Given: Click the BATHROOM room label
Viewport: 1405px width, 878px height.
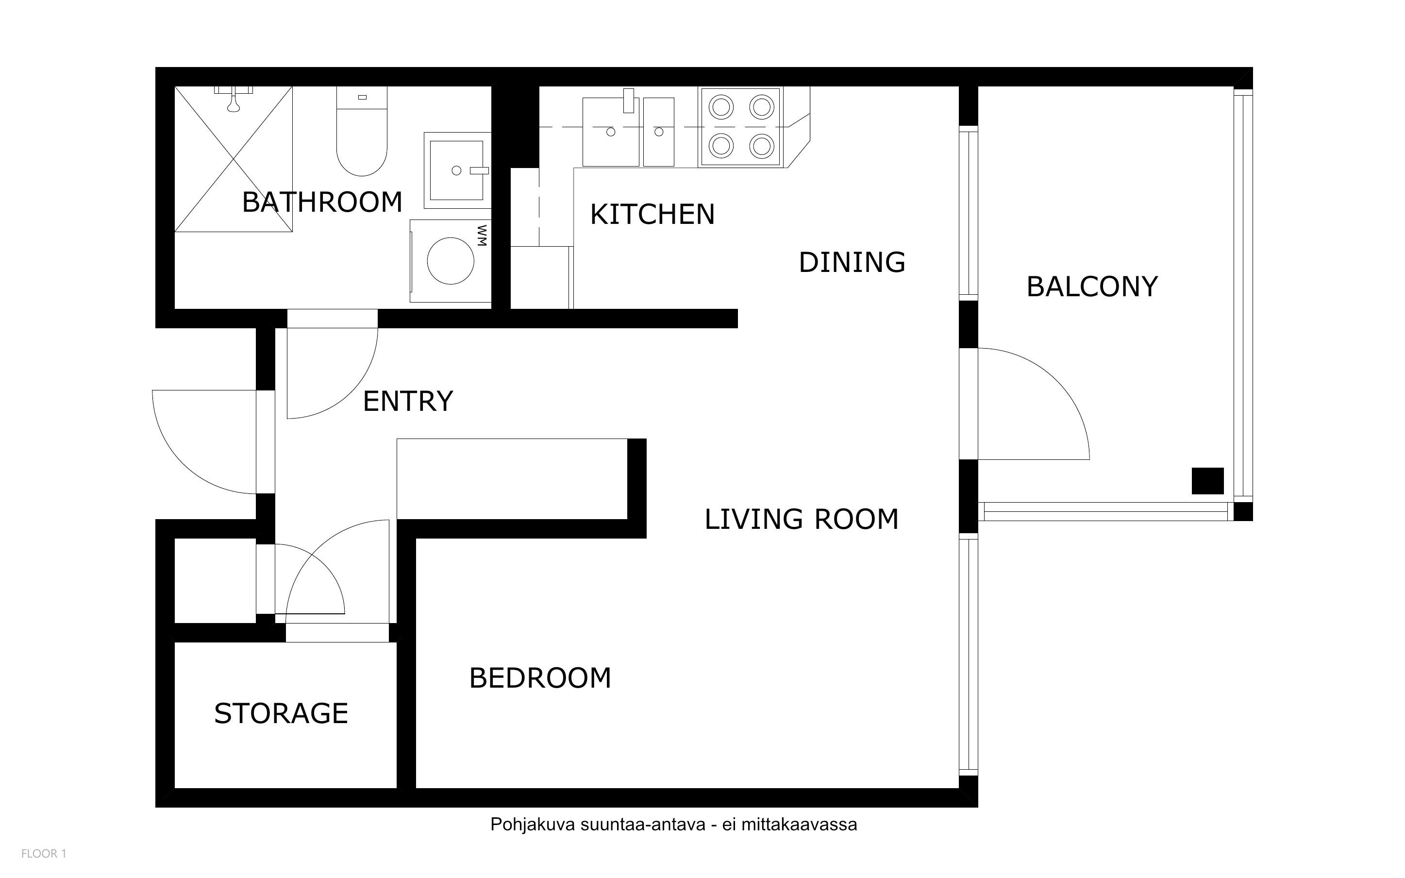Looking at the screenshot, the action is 322,202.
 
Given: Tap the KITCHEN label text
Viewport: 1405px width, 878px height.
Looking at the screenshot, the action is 652,214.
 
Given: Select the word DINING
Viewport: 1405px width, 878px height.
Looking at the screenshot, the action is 852,262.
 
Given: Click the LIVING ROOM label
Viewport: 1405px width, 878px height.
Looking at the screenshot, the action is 802,519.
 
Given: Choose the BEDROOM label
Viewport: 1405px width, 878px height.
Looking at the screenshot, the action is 540,677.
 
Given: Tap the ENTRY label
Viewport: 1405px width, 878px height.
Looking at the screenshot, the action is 408,401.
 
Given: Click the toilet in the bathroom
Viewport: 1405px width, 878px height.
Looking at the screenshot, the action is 362,131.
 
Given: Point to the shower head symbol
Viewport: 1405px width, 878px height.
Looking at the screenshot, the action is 234,99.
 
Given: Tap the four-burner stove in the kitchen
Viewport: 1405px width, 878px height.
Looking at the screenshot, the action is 740,127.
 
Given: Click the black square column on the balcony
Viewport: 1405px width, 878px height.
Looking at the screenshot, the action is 1208,481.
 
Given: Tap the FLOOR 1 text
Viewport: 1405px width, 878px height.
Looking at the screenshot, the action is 44,854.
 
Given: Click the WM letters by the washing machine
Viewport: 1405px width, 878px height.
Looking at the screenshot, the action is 482,236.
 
